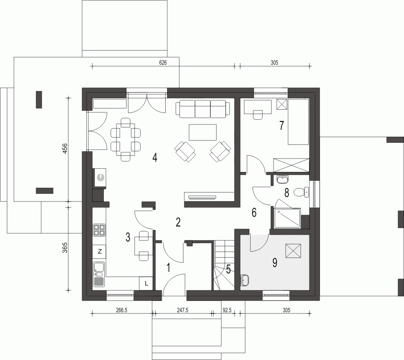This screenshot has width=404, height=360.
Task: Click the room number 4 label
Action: pos(155,157)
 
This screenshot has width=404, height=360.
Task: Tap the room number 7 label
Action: pos(282,125)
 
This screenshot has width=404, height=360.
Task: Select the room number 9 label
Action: pos(275,263)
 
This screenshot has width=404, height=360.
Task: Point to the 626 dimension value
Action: pos(163,62)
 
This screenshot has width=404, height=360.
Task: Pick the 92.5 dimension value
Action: pos(227,310)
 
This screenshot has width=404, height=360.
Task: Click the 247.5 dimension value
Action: pos(183,310)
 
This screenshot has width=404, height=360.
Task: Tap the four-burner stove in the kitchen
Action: pos(99,230)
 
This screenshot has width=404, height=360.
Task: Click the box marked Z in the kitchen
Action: pos(99,251)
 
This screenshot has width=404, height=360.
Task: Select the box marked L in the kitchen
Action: pos(146,284)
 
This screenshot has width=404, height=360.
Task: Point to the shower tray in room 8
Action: pos(287,218)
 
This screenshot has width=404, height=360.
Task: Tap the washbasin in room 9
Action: pos(244,280)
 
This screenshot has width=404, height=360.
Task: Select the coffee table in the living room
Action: pos(202,132)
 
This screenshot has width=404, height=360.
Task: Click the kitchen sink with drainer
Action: pos(99,274)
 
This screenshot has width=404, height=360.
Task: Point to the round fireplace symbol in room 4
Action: pos(101,178)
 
